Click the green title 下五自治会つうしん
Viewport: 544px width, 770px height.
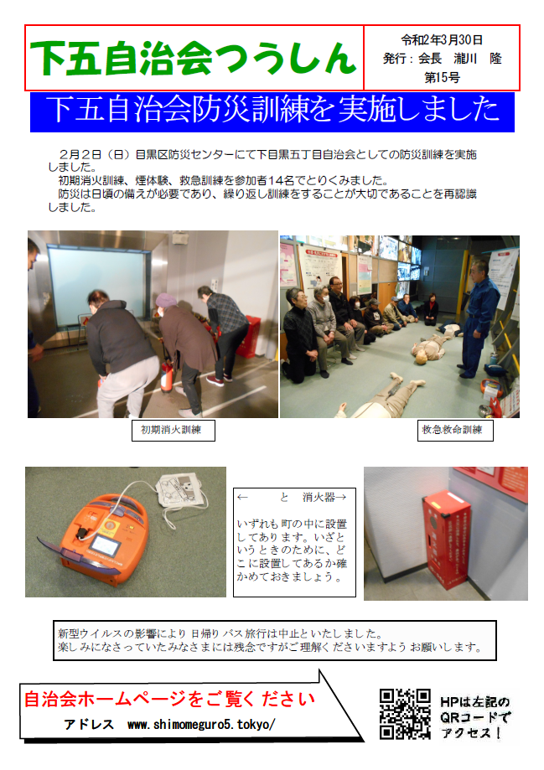pyautogui.click(x=193, y=59)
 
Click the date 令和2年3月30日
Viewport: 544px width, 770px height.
pyautogui.click(x=441, y=39)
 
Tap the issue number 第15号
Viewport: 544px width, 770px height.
pyautogui.click(x=442, y=78)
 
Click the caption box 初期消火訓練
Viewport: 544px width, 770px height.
pyautogui.click(x=173, y=430)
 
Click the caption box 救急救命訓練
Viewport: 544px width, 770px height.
pyautogui.click(x=455, y=430)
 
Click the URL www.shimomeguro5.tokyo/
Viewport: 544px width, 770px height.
pyautogui.click(x=201, y=724)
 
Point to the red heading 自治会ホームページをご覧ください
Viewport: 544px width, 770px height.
pyautogui.click(x=169, y=699)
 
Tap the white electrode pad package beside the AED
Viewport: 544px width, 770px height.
pyautogui.click(x=181, y=491)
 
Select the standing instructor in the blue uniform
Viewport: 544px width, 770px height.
pyautogui.click(x=477, y=319)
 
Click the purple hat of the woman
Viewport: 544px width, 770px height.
pyautogui.click(x=165, y=300)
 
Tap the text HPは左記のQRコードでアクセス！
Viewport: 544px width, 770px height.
pyautogui.click(x=474, y=717)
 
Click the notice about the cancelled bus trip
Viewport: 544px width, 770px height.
pyautogui.click(x=275, y=640)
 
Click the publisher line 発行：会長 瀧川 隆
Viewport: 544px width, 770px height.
pyautogui.click(x=442, y=59)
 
